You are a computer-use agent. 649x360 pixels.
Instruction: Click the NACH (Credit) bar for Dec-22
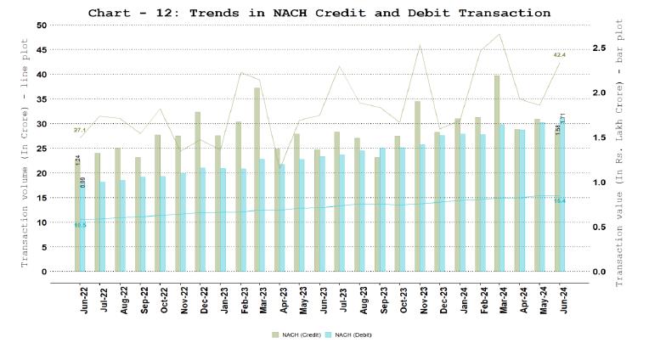[x=197, y=191]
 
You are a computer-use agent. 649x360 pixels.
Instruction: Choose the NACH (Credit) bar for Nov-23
[x=418, y=186]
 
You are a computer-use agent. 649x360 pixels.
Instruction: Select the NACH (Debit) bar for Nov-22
[x=183, y=222]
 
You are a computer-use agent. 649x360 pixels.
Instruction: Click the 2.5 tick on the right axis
[x=599, y=48]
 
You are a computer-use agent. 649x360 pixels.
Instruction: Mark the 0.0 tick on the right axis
[x=599, y=272]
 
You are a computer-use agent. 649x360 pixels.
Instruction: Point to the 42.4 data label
[x=559, y=55]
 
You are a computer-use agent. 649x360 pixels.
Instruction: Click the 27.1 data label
[x=80, y=130]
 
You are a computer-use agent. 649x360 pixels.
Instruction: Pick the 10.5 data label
[x=80, y=225]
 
